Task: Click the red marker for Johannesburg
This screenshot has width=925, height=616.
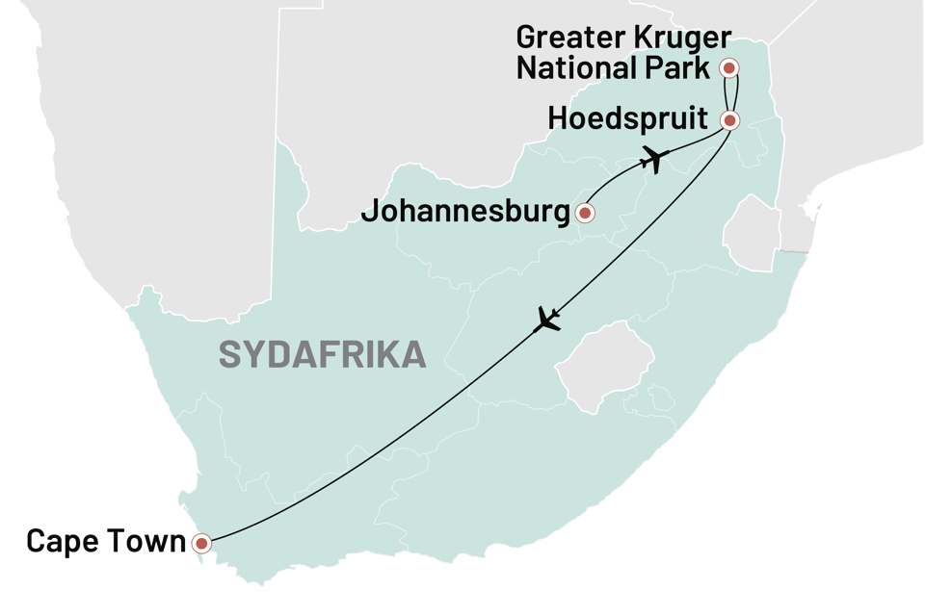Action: click(x=584, y=213)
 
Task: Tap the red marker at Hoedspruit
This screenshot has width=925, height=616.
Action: click(x=729, y=120)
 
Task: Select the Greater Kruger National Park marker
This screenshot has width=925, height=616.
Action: click(x=729, y=67)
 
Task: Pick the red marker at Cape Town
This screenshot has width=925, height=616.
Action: click(x=201, y=544)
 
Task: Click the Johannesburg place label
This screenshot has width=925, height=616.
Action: click(x=465, y=212)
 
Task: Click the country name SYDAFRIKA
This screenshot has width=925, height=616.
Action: click(x=322, y=354)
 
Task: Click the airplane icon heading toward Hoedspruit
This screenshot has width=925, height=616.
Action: click(x=655, y=158)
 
